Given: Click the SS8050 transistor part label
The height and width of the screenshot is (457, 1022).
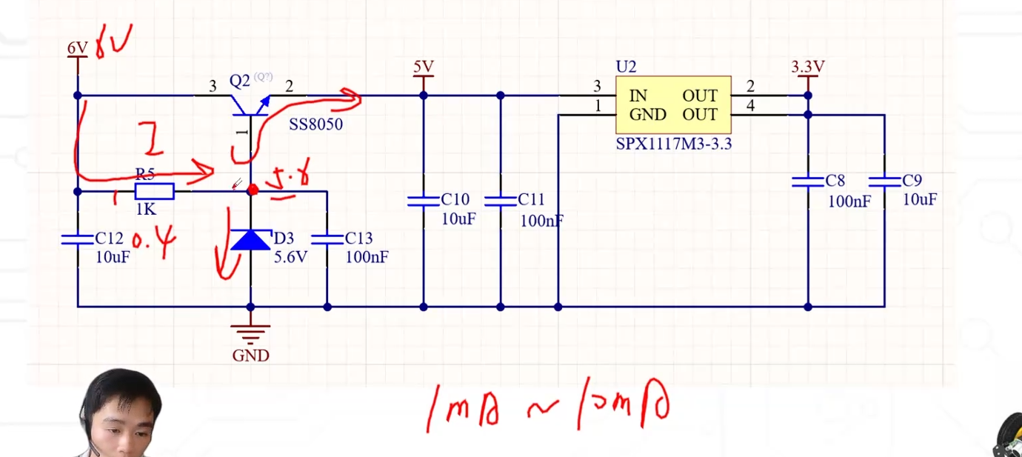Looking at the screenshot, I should pyautogui.click(x=315, y=124).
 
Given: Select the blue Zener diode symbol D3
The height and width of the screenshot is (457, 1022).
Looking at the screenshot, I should pyautogui.click(x=250, y=240).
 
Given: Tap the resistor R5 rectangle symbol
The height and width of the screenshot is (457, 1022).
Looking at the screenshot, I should pyautogui.click(x=154, y=192).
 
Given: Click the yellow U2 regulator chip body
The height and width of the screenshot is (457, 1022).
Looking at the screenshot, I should pyautogui.click(x=673, y=105).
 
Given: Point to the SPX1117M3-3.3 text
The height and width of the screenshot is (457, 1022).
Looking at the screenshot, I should pyautogui.click(x=673, y=144).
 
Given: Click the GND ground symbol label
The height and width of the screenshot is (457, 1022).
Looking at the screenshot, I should pyautogui.click(x=250, y=356).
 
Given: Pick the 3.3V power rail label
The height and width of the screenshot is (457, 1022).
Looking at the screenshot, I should pyautogui.click(x=807, y=67).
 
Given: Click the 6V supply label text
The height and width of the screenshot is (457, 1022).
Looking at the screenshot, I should pyautogui.click(x=77, y=48).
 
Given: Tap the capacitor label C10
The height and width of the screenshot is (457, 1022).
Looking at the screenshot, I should pyautogui.click(x=455, y=199).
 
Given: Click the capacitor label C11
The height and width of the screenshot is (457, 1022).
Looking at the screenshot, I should pyautogui.click(x=531, y=199).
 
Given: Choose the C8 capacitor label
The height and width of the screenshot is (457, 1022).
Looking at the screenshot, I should pyautogui.click(x=835, y=181).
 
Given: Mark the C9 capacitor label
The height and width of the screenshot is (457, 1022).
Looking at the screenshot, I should pyautogui.click(x=912, y=181).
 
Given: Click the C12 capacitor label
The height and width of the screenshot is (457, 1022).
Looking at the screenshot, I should pyautogui.click(x=109, y=238).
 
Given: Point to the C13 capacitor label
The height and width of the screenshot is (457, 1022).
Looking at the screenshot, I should pyautogui.click(x=358, y=238).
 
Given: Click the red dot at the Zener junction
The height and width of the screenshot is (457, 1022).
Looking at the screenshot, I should pyautogui.click(x=253, y=190).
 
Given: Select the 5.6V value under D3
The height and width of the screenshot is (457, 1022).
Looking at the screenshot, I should pyautogui.click(x=290, y=257).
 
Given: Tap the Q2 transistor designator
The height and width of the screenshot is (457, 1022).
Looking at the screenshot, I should pyautogui.click(x=240, y=81).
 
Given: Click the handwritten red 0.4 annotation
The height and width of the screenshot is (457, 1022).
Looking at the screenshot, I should pyautogui.click(x=154, y=244).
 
